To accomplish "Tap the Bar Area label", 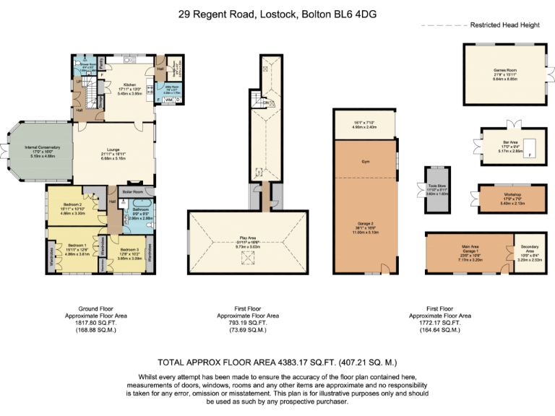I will coord(510,142).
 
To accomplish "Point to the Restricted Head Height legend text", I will coord(504,25).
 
